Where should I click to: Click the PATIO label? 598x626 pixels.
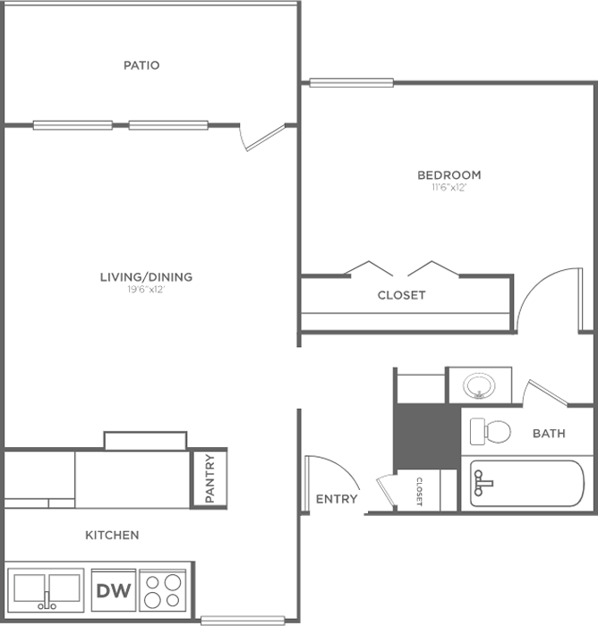coord(141,65)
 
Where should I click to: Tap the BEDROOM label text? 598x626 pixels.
coord(448,175)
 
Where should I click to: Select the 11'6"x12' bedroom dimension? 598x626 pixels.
coord(448,188)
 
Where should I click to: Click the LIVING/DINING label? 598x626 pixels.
coord(146,276)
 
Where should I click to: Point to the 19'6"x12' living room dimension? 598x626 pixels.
coord(146,290)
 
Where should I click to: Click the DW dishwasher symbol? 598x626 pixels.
coord(114,590)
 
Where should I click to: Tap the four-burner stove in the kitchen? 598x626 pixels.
coord(163,590)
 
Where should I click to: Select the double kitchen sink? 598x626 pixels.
coord(47,590)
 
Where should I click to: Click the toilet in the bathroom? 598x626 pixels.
coord(490,432)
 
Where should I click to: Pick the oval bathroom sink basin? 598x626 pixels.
coord(479,386)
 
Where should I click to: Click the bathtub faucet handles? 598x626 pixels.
coord(483,483)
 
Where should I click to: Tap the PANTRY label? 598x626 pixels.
coord(209,478)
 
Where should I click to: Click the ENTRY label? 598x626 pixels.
coord(337,499)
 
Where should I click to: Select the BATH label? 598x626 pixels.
coord(549,433)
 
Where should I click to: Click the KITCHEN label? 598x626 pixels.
coord(112,535)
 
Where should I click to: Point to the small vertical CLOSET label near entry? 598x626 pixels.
coord(419,492)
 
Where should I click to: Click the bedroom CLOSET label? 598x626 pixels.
coord(401,295)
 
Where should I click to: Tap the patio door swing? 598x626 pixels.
coord(262,138)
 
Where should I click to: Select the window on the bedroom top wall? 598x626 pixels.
coord(351,82)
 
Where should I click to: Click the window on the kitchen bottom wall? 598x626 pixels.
coord(243,621)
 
